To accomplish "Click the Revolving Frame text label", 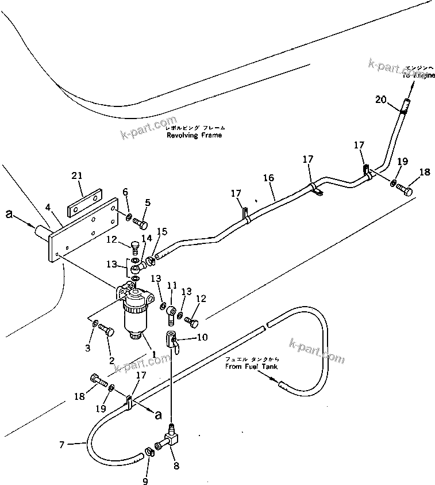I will click(194, 135).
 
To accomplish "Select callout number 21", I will click(78, 176).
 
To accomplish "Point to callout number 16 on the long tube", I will click(269, 179).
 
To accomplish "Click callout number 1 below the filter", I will click(153, 352).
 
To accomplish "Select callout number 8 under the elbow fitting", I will click(175, 465).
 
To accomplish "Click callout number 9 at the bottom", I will click(145, 481).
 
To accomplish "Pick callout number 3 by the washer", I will click(87, 347).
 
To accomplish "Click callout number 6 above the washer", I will click(125, 193).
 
